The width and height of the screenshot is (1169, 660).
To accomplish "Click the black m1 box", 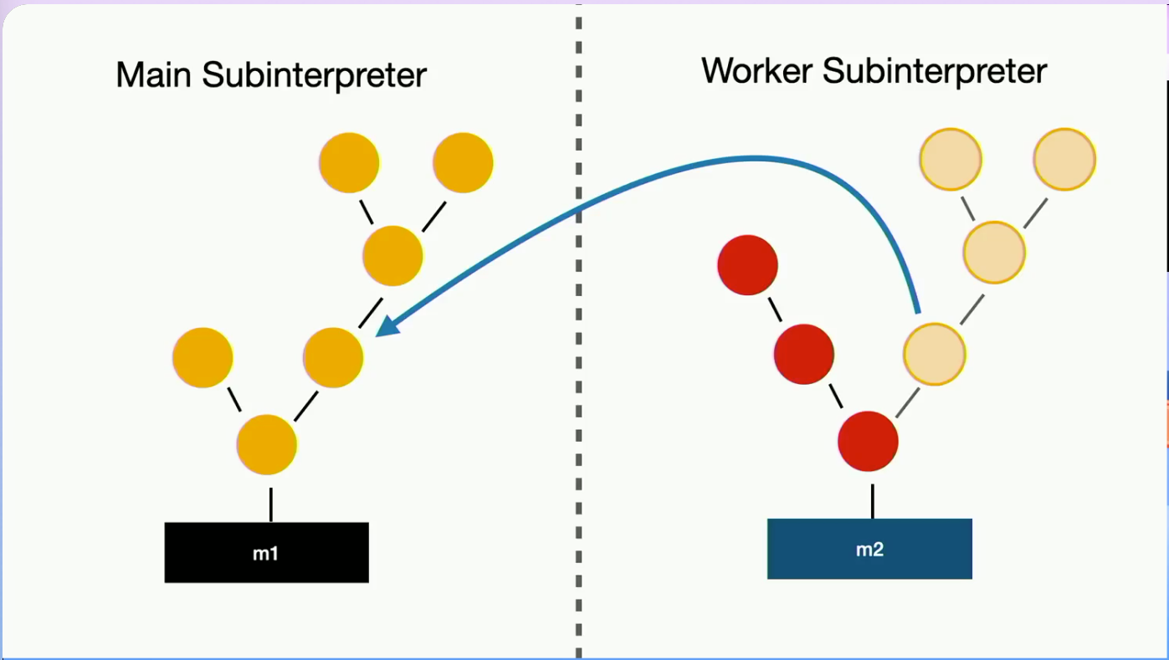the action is click(267, 553).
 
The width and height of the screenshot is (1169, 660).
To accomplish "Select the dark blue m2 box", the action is click(869, 549).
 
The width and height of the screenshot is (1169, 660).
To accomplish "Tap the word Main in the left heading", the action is click(153, 74).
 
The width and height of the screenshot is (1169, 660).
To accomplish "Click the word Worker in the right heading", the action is click(757, 71).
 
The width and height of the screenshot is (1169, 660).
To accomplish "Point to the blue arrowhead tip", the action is click(377, 335).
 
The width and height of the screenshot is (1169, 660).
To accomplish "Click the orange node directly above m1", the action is click(267, 444).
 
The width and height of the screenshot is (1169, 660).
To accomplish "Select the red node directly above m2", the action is click(868, 442).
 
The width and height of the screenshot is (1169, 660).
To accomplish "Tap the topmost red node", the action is click(748, 265).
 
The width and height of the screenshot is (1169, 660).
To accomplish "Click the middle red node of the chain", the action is click(803, 355).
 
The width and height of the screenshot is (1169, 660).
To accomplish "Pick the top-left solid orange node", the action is click(349, 163).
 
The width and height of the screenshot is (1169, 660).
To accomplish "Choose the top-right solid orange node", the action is click(463, 163).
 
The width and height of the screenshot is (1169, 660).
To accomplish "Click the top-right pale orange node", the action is click(1064, 159).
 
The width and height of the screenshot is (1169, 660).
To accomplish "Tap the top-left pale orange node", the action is click(951, 159).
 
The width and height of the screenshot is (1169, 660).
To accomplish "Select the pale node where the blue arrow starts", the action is click(935, 355).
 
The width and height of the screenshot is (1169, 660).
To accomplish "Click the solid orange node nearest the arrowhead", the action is click(333, 357).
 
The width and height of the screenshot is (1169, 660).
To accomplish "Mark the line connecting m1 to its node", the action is click(271, 504).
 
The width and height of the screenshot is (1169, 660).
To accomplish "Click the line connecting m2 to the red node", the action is click(873, 501).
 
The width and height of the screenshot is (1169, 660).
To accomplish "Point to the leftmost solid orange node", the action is click(203, 357).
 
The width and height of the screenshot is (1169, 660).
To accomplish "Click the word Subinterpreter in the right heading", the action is click(935, 71).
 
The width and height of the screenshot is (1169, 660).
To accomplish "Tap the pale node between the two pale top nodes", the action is click(994, 253).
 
